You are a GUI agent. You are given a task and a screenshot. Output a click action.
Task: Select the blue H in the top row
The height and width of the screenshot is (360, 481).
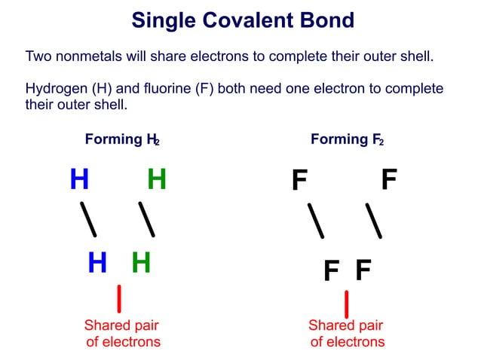point(79,180)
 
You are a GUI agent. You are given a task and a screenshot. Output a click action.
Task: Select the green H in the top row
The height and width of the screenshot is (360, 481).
point(156,180)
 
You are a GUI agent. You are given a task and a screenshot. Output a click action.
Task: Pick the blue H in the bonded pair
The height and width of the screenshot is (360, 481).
point(97,263)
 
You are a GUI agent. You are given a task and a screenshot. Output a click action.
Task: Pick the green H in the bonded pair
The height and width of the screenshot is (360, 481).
point(141,263)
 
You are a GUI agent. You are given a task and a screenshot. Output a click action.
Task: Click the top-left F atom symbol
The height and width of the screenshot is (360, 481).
point(299,182)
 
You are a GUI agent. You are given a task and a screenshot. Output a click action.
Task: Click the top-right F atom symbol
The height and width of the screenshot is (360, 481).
point(388,181)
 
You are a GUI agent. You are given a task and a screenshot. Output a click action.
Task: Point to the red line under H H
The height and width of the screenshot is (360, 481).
point(119,298)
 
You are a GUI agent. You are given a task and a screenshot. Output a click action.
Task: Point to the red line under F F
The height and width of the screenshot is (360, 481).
point(346,304)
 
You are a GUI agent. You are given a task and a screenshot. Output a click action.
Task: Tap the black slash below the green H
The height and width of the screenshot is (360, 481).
point(147,219)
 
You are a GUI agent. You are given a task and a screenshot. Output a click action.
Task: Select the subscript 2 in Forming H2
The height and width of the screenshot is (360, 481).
point(157,142)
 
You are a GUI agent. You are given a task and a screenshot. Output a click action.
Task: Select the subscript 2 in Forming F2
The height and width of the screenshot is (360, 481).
point(381,142)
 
